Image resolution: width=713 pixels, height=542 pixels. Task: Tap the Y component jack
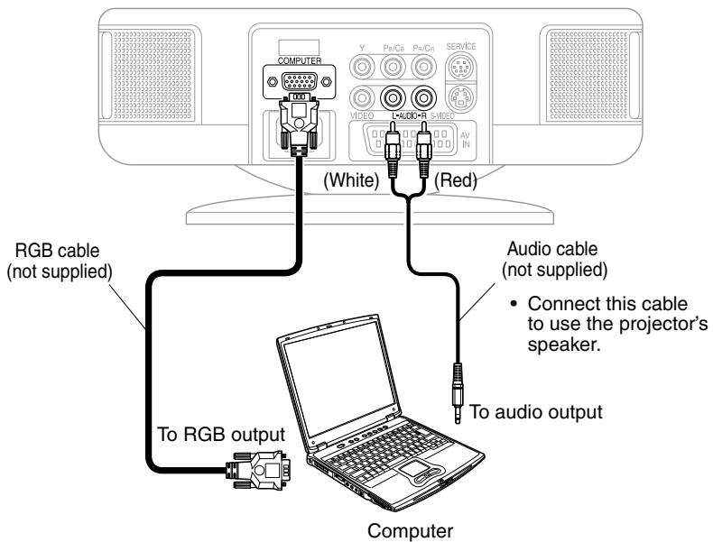pos(361,66)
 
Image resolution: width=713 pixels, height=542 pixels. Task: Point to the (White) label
pos(348,179)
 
